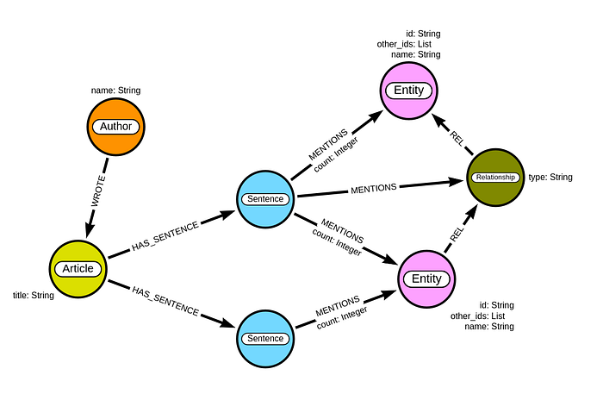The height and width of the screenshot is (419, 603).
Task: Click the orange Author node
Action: pyautogui.click(x=116, y=127)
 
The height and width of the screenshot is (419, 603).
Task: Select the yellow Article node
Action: pyautogui.click(x=78, y=268)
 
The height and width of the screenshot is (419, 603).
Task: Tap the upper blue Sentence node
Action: pyautogui.click(x=265, y=199)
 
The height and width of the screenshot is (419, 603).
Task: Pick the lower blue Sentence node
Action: pyautogui.click(x=265, y=338)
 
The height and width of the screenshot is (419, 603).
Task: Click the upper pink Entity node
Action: pyautogui.click(x=409, y=91)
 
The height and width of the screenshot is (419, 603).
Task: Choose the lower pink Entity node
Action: pyautogui.click(x=426, y=278)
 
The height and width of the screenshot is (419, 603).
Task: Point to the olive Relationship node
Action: pyautogui.click(x=494, y=178)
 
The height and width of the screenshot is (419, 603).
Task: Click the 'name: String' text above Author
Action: pyautogui.click(x=115, y=90)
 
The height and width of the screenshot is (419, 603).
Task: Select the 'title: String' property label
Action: pyautogui.click(x=34, y=296)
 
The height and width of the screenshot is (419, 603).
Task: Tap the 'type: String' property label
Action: pyautogui.click(x=550, y=178)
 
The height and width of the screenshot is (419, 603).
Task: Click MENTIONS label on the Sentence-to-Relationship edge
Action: pyautogui.click(x=373, y=187)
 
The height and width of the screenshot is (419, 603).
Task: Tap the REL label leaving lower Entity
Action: pyautogui.click(x=457, y=232)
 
